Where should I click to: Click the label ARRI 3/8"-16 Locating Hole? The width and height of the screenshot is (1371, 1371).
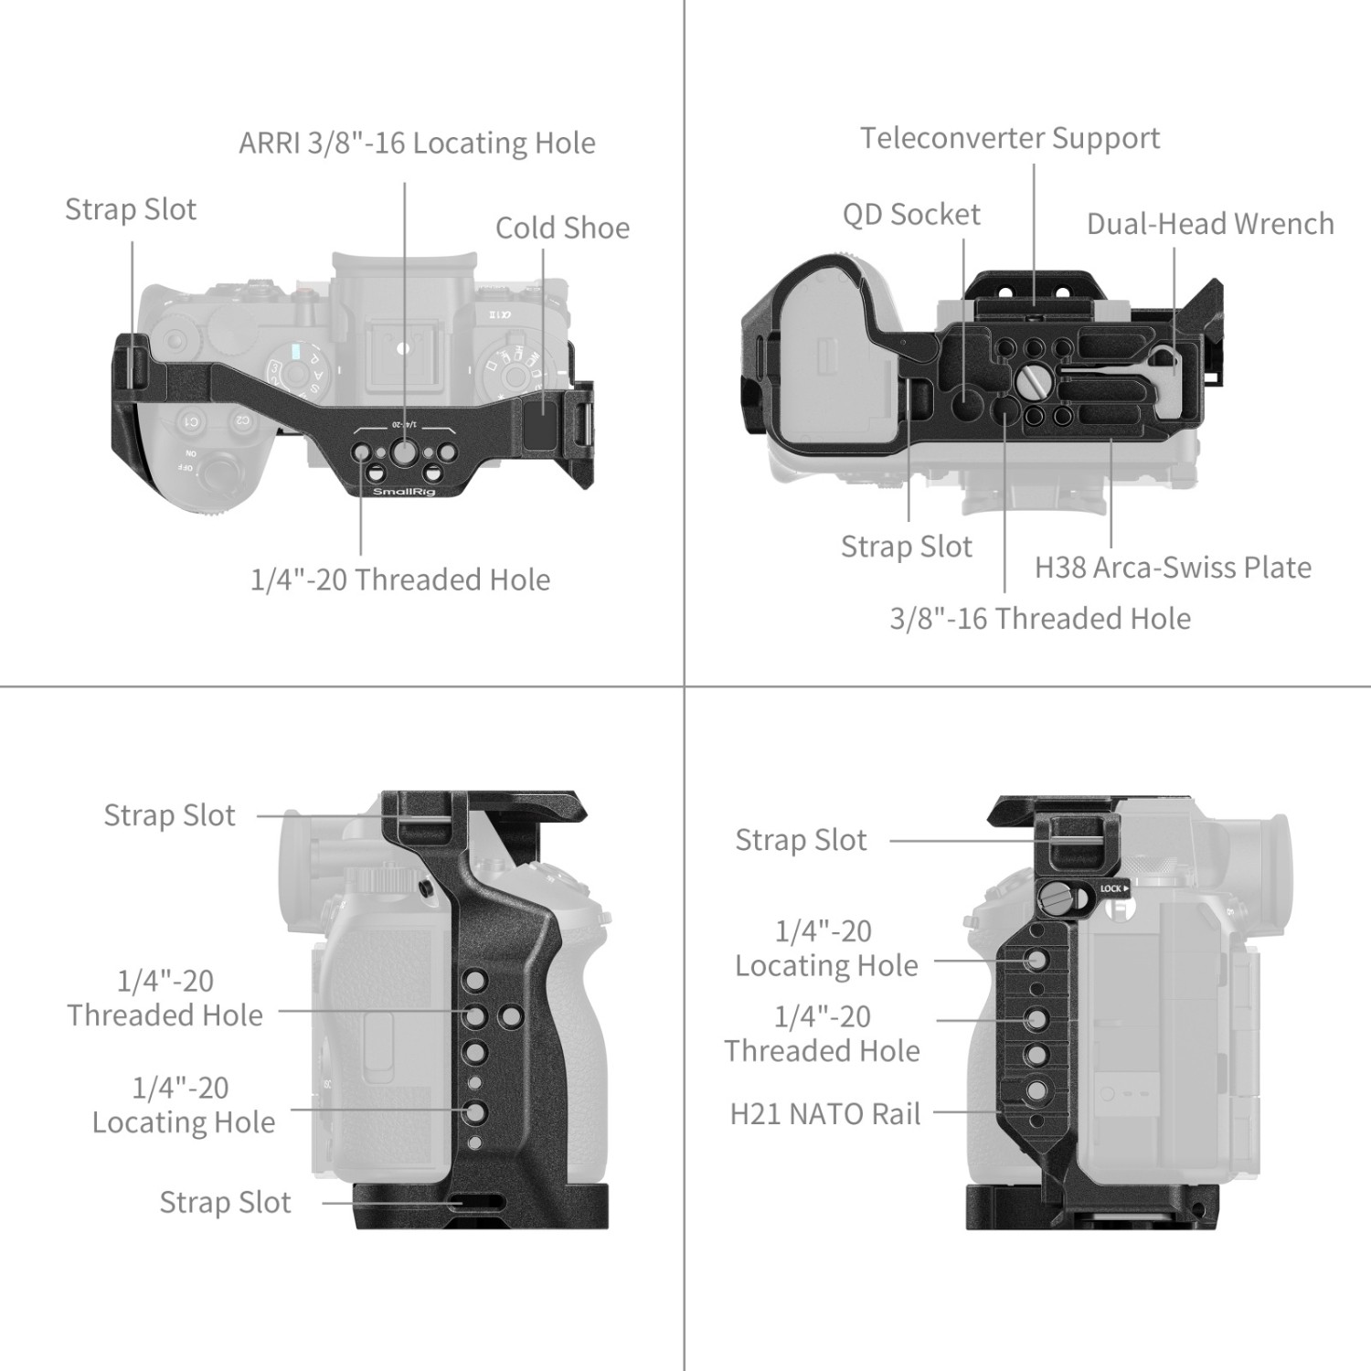click(417, 143)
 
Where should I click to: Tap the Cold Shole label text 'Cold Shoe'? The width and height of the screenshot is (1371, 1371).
click(562, 228)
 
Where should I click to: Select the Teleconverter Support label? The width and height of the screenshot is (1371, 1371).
click(1010, 138)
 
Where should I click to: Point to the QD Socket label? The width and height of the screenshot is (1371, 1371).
click(911, 215)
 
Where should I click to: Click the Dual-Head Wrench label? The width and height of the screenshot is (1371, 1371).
click(1210, 224)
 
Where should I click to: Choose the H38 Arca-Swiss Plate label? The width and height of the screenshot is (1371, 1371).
click(1173, 568)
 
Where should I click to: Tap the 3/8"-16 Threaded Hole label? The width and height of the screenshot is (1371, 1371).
click(1040, 619)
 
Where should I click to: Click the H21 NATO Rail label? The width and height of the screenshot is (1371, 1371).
click(824, 1114)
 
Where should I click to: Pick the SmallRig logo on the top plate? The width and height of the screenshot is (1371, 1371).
click(404, 492)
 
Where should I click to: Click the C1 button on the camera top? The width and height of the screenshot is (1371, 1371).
click(191, 422)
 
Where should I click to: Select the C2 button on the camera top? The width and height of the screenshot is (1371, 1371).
click(242, 420)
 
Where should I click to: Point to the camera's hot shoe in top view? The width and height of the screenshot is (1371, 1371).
click(402, 348)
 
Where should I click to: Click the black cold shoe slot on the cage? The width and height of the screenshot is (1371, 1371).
click(541, 420)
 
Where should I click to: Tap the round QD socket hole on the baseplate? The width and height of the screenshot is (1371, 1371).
click(965, 399)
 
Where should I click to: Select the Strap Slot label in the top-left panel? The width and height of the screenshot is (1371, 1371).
click(131, 209)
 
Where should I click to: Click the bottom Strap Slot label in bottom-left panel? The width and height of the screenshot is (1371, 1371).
click(225, 1203)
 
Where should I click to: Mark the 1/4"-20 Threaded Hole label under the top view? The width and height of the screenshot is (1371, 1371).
click(400, 579)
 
